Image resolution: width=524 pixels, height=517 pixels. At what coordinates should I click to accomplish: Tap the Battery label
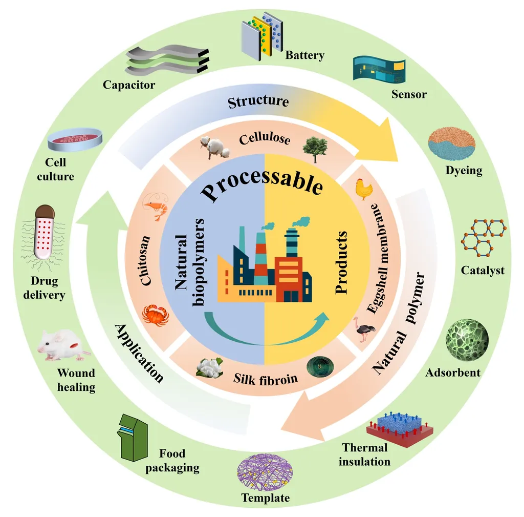(x=305, y=55)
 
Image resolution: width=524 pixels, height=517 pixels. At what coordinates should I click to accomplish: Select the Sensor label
(x=409, y=94)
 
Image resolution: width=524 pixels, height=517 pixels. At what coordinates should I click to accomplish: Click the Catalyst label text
(x=483, y=270)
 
